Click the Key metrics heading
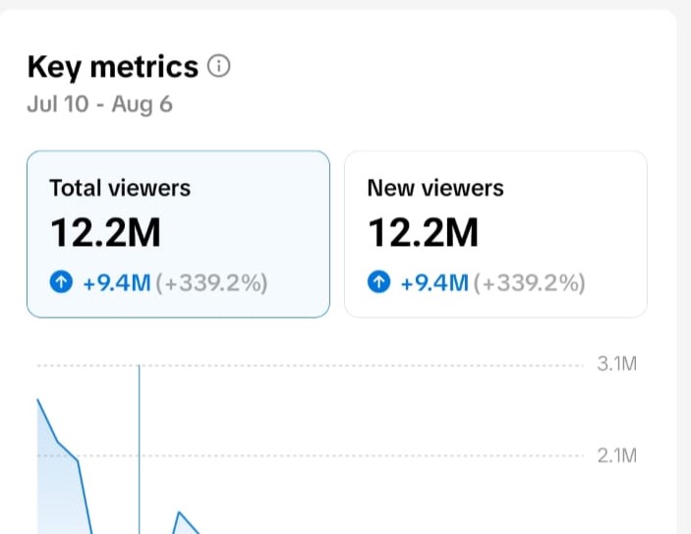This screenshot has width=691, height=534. coord(113,67)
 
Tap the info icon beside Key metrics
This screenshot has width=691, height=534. coord(219,66)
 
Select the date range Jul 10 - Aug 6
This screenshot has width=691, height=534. coord(99,104)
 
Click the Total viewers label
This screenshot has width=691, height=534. coord(120,188)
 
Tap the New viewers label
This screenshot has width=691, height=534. coord(435,188)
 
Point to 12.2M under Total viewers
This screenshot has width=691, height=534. coord(105,232)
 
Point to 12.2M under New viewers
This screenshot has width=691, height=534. coord(423,232)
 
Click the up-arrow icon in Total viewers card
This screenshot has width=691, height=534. coord(61,282)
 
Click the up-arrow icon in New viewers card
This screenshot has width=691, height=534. coord(379,282)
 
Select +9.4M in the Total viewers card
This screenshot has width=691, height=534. coord(117,282)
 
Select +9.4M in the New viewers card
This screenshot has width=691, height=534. coord(434,282)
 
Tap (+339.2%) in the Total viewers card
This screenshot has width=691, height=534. coord(211,282)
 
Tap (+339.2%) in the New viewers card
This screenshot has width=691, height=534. coord(529,282)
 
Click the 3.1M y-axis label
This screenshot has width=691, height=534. coord(617,364)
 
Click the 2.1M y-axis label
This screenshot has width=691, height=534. coord(617,455)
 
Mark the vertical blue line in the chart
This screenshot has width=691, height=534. coord(140,449)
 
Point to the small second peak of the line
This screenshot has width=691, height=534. coord(179,512)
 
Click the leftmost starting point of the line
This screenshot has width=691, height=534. coord(38,399)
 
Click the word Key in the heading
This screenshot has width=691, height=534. coord(54,68)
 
